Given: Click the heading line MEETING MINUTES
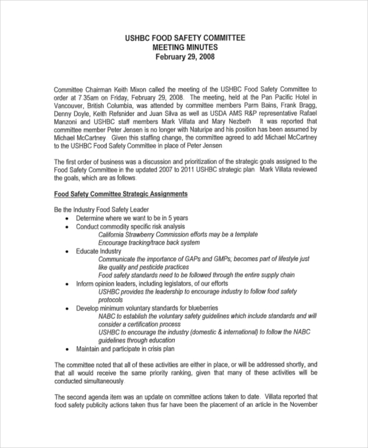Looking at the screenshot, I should (185, 47).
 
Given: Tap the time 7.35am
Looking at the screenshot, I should (88, 98).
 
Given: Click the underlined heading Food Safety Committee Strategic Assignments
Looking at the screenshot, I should (121, 194).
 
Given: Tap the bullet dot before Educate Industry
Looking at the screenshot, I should (67, 251).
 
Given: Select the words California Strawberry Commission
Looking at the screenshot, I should (147, 234).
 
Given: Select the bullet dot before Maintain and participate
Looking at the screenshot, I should (67, 349).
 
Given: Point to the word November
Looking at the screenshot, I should (302, 404).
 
